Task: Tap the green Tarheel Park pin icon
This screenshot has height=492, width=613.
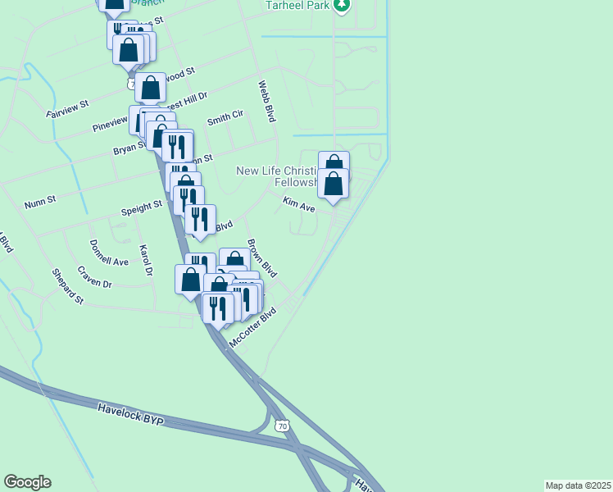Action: (342, 6)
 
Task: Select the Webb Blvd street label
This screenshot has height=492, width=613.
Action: (266, 102)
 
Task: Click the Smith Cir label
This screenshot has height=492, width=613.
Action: (225, 118)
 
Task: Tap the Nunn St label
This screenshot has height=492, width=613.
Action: (39, 200)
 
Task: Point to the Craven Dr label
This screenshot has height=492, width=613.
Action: (95, 277)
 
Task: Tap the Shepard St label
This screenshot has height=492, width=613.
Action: (68, 286)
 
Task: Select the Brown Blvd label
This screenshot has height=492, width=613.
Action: (263, 258)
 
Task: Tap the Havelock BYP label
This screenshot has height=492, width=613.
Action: (131, 414)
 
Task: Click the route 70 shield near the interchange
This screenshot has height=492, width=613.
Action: (283, 426)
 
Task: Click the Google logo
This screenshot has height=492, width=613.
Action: (27, 482)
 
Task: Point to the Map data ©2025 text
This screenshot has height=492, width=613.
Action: (579, 485)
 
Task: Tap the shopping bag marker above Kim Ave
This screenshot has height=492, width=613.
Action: (334, 184)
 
